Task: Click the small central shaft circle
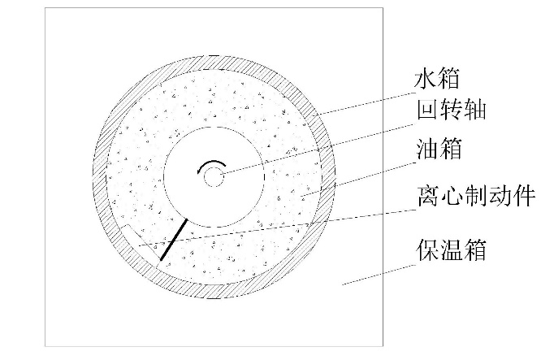214,176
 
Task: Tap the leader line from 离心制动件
284,224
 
